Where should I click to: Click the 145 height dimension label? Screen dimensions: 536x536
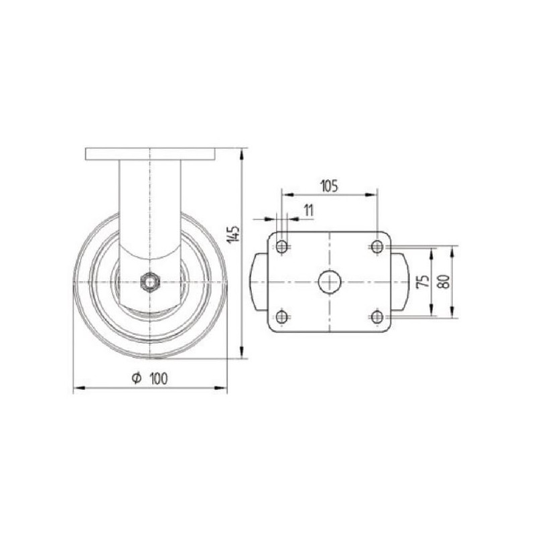pyautogui.click(x=234, y=234)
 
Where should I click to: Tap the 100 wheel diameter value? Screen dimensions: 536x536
pyautogui.click(x=159, y=379)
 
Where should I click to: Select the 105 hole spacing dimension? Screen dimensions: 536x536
pyautogui.click(x=329, y=186)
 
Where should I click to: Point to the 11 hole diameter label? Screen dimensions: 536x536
pyautogui.click(x=308, y=210)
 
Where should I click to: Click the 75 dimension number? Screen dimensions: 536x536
pyautogui.click(x=423, y=281)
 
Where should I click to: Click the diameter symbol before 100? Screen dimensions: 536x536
pyautogui.click(x=137, y=379)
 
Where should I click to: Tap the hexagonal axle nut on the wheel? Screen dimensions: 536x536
pyautogui.click(x=149, y=282)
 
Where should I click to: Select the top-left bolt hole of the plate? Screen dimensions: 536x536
pyautogui.click(x=281, y=247)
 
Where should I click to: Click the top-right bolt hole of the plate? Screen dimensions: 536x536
pyautogui.click(x=377, y=247)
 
